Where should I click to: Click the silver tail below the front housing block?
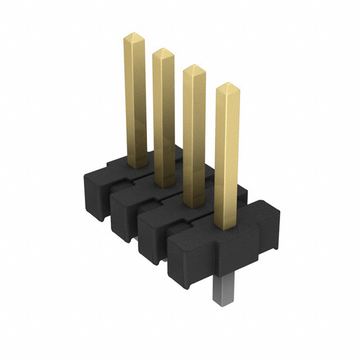coord(223,290)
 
